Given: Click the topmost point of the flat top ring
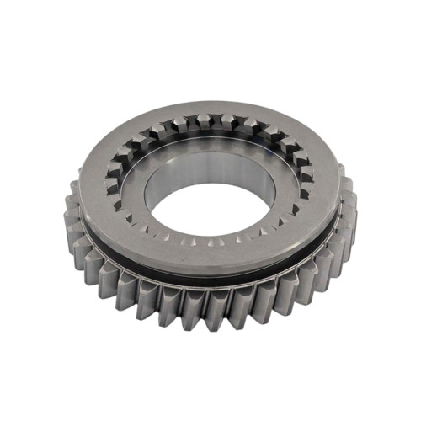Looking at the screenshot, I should (x=210, y=104).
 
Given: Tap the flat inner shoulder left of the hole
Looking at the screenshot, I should (x=135, y=202).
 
